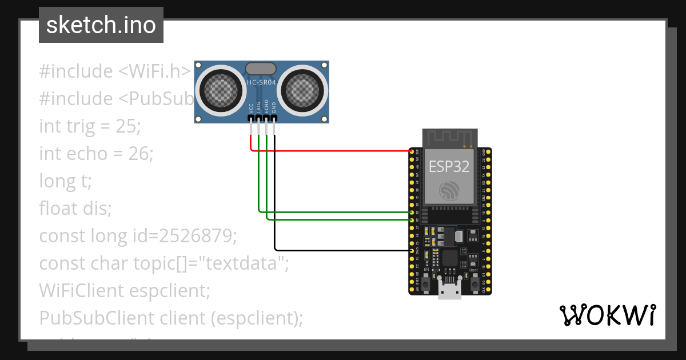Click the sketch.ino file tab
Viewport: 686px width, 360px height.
pos(101,25)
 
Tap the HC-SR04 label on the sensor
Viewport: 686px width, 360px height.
pos(262,82)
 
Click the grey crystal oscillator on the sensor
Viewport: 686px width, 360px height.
pos(262,69)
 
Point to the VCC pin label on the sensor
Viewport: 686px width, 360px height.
pos(251,107)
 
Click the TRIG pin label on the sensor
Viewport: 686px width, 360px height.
pos(258,107)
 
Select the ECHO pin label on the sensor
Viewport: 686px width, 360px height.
pos(266,107)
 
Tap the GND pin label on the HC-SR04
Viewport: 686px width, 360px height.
pos(274,107)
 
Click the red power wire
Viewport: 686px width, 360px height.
pos(332,151)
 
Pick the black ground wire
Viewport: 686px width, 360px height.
pos(343,250)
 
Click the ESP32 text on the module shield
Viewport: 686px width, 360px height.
pos(449,166)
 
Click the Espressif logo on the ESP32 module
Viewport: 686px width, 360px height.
pos(449,190)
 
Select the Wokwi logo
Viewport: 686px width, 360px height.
pos(607,315)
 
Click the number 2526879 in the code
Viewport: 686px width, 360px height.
pos(197,235)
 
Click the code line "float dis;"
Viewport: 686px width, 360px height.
pos(75,208)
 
